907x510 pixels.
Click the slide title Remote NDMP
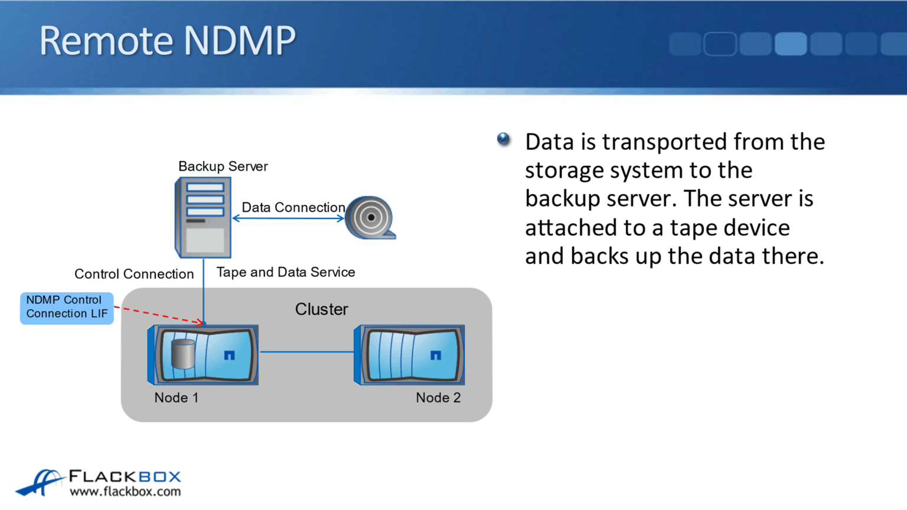coord(167,41)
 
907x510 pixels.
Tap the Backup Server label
coord(223,166)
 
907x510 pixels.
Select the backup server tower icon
coord(203,218)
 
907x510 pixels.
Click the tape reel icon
coord(370,218)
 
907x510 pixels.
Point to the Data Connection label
coord(293,207)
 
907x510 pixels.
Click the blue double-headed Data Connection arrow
coord(288,218)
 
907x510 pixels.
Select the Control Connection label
coord(134,274)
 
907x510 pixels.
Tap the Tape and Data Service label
coord(285,272)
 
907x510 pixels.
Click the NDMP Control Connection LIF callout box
coord(67,308)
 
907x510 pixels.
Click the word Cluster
coord(321,309)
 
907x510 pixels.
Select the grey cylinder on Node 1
coord(182,354)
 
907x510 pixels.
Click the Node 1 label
coord(176,398)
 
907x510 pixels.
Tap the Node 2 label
coord(438,398)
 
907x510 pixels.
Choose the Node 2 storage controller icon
coord(409,355)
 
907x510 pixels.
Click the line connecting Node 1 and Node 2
coord(306,352)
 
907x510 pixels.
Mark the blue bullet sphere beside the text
coord(503,139)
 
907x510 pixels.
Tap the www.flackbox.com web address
coord(125,492)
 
